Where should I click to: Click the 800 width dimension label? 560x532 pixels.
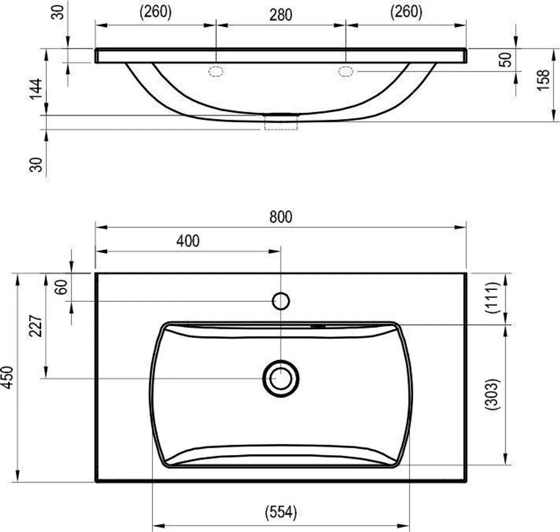click(x=281, y=217)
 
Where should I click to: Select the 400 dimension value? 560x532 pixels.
click(x=188, y=241)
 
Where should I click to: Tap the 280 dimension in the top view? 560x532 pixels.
click(x=281, y=15)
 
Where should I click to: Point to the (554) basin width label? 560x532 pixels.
click(x=281, y=513)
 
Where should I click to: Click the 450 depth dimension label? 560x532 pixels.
click(x=7, y=378)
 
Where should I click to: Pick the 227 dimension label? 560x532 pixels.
click(x=36, y=326)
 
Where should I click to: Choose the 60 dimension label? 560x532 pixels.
click(x=62, y=287)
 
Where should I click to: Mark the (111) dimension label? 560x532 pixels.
click(x=492, y=298)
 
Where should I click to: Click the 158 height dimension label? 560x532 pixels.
click(x=543, y=81)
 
